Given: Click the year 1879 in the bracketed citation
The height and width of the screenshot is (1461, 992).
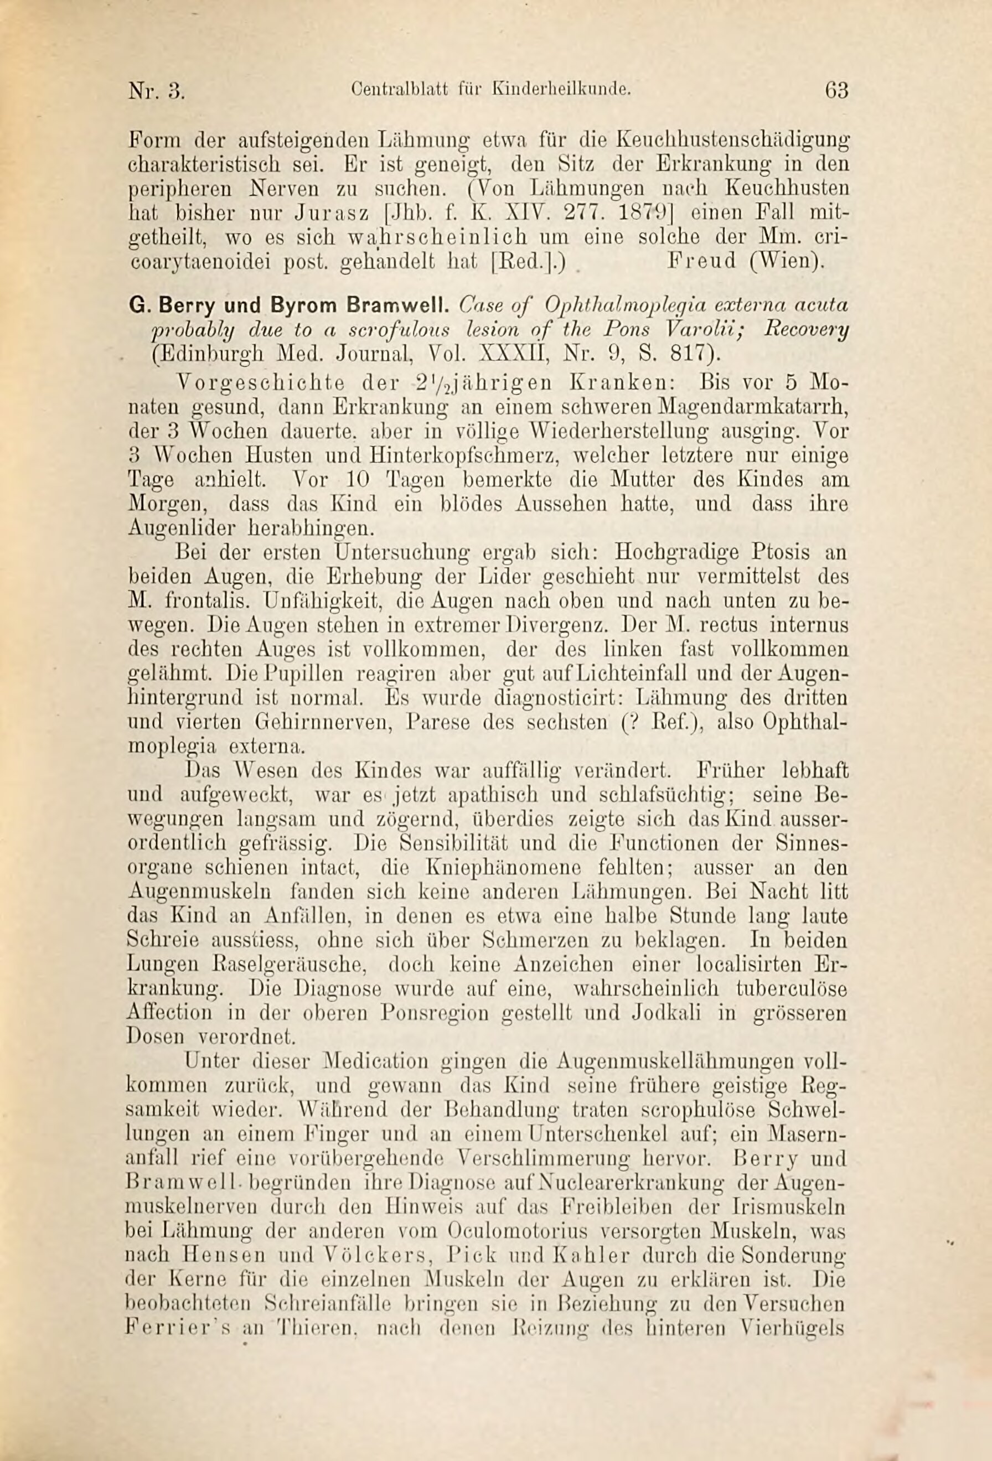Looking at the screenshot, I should [646, 213].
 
